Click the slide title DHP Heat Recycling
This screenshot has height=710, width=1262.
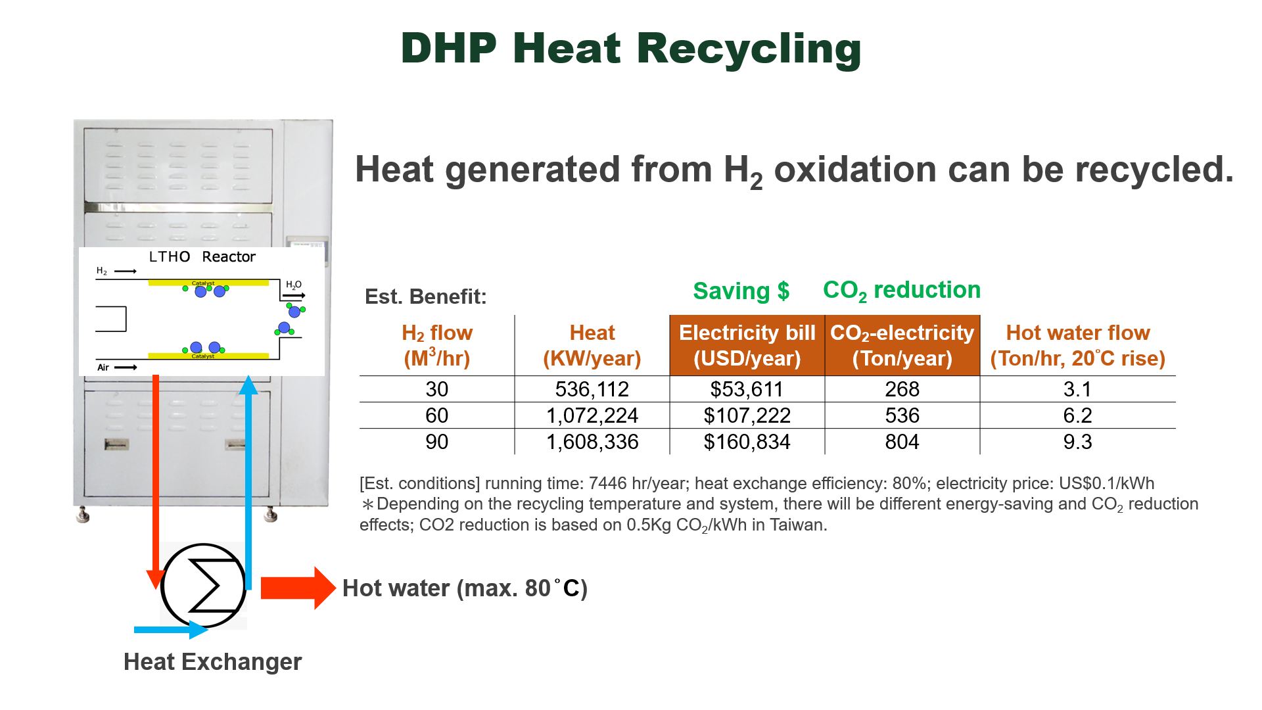(630, 49)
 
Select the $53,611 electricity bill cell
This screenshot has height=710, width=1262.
(747, 389)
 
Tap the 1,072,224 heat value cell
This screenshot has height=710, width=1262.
(592, 415)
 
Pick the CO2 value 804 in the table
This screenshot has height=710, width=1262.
(902, 442)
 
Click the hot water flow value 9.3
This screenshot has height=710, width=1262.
(1077, 442)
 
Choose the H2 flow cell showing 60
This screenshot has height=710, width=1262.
(436, 415)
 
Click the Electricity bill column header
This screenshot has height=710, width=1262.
(747, 345)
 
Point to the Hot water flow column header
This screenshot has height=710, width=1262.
(1077, 345)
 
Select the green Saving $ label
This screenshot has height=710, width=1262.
(741, 291)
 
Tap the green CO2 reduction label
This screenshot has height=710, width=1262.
(901, 290)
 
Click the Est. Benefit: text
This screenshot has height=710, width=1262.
(425, 296)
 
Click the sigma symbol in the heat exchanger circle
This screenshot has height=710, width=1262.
(204, 584)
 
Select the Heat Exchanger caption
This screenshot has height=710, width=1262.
(212, 661)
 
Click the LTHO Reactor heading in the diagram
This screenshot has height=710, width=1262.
(202, 256)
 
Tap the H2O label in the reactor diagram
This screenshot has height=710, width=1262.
(293, 285)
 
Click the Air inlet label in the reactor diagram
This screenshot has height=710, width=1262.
(103, 367)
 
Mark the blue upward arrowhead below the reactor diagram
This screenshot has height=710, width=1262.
(248, 385)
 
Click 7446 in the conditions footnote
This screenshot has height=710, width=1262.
(607, 483)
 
